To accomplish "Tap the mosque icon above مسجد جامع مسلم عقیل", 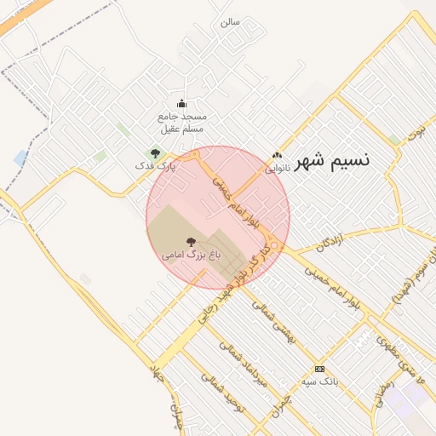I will [181, 104].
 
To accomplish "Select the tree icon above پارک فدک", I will [154, 153].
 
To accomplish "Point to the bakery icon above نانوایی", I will [277, 155].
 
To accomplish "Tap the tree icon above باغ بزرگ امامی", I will [191, 243].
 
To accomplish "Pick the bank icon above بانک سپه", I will [319, 369].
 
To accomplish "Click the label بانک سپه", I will [320, 381].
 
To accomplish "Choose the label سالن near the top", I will [229, 20].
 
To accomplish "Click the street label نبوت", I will [415, 133].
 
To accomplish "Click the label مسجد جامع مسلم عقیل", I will [182, 122].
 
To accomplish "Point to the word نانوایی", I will [277, 168].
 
